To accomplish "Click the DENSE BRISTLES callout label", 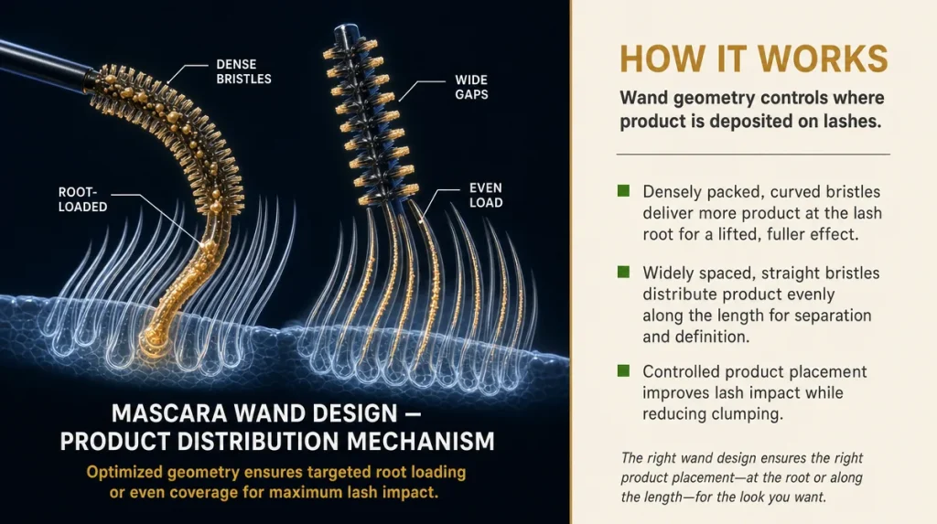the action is (243, 71).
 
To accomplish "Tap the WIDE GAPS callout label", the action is (471, 87).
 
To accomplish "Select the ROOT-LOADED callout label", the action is (82, 199).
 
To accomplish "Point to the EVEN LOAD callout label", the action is (486, 196).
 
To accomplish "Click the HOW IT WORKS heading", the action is (754, 59).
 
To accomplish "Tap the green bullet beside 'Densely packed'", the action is (623, 190).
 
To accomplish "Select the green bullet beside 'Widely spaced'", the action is (623, 272).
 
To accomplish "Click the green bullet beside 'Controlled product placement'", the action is (623, 370).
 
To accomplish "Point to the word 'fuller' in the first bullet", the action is (783, 234).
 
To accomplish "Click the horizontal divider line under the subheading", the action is (753, 155).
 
